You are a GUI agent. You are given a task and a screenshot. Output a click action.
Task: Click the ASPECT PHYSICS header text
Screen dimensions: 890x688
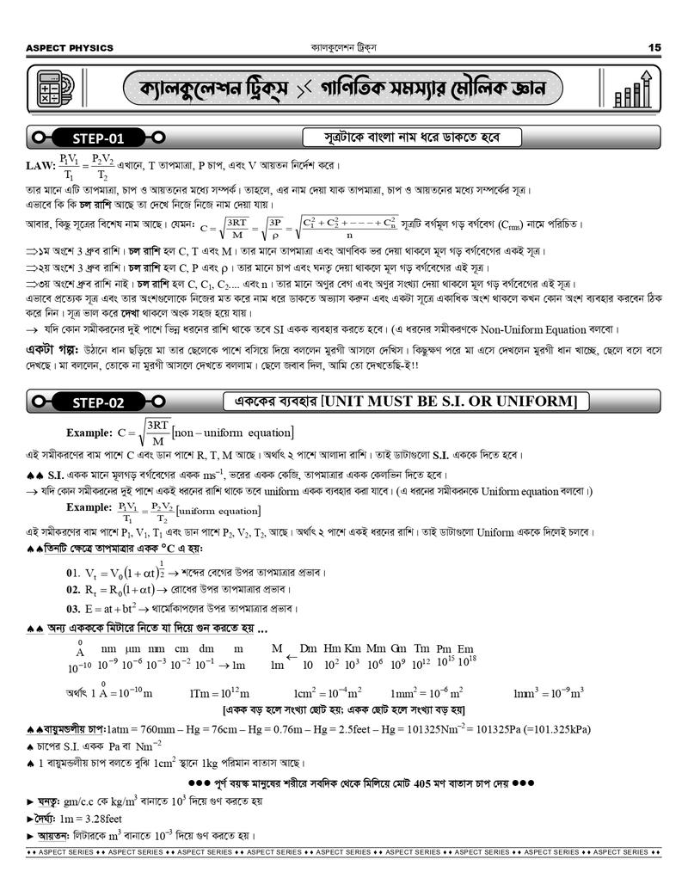(x=71, y=48)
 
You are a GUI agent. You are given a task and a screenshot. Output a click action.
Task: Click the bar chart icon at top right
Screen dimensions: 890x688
(x=634, y=89)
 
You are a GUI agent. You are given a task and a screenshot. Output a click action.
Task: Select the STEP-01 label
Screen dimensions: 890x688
(x=97, y=138)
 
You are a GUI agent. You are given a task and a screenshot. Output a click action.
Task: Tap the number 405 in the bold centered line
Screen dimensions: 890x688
(x=425, y=784)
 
